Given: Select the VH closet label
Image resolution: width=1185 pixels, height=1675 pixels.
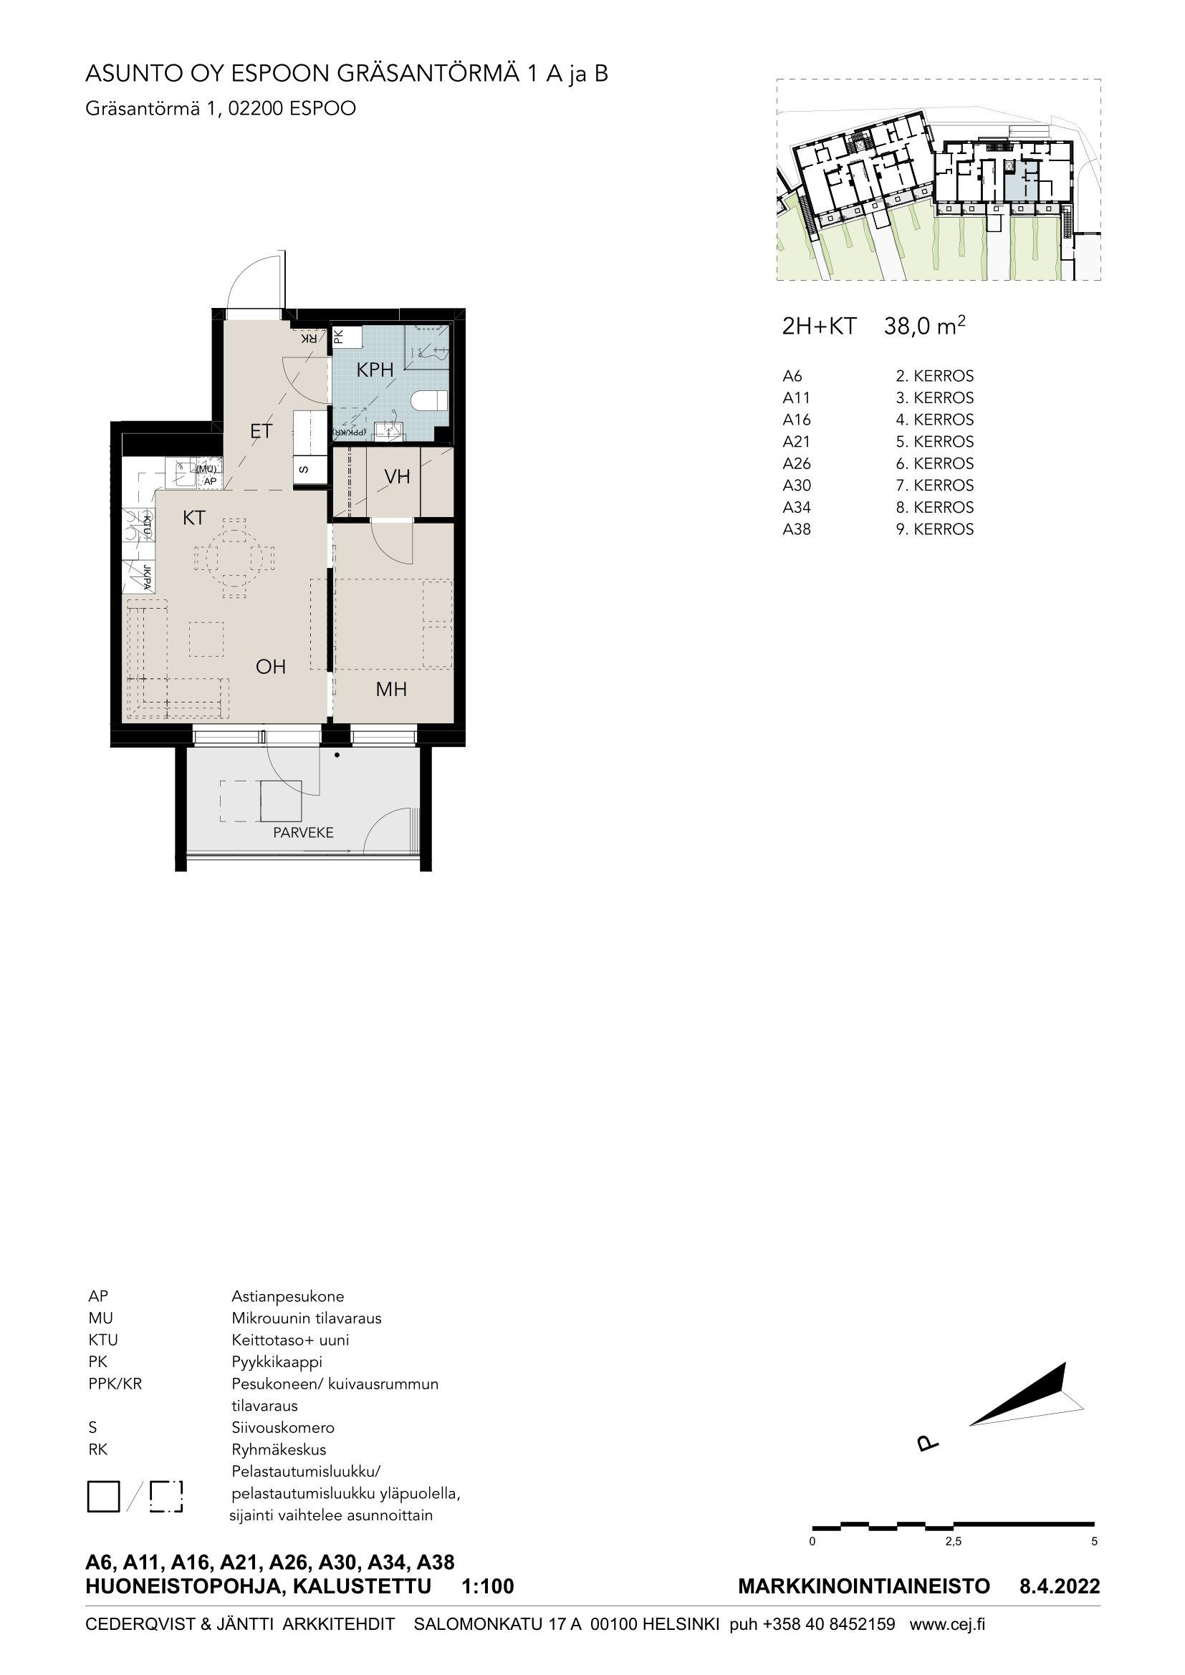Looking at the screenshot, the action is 398,477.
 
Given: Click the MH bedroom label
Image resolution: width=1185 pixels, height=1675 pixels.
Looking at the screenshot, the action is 391,690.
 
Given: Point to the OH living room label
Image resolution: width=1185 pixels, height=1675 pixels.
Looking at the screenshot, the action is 270,666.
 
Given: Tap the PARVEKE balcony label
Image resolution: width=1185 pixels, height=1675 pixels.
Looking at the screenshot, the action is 304,832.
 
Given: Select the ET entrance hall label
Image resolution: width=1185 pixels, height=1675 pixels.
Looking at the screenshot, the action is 262,431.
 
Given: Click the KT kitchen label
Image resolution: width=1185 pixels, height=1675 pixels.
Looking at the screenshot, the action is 194,518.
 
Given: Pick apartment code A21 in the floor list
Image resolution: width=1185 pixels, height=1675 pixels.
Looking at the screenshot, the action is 796,441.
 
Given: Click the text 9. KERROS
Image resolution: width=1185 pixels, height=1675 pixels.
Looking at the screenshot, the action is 935,529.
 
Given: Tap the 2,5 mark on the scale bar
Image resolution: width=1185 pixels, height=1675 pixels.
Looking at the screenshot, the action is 953,1542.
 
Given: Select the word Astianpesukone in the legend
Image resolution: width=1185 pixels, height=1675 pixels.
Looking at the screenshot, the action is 287,1296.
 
